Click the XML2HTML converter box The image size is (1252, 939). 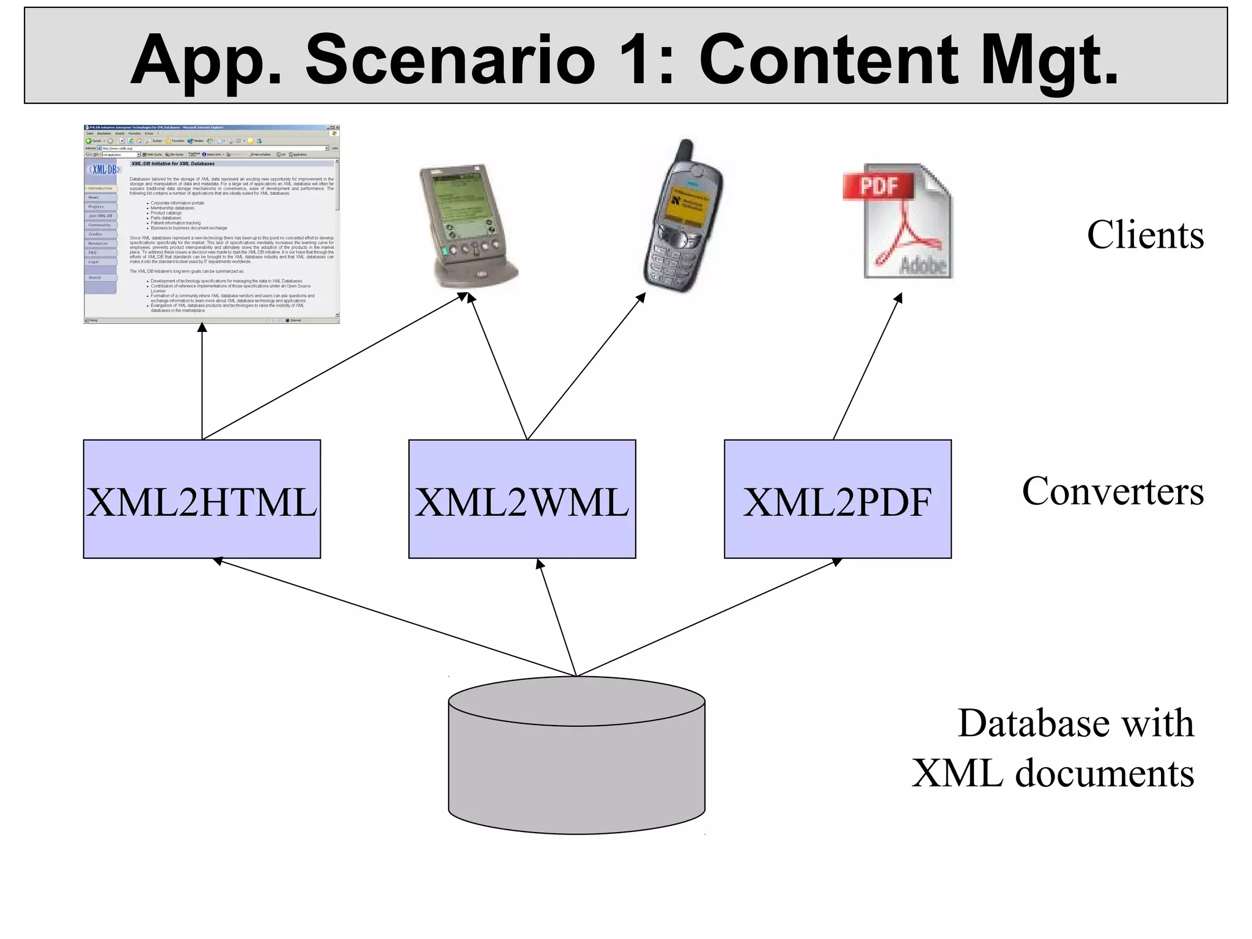(x=202, y=499)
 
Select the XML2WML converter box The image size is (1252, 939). (x=521, y=499)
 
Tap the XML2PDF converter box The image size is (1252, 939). (x=837, y=499)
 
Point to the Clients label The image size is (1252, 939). (x=1144, y=235)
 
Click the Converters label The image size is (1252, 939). (x=1112, y=492)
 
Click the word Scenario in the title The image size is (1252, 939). (x=450, y=60)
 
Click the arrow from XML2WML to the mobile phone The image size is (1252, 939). (x=585, y=367)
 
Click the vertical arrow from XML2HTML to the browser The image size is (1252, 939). (x=202, y=382)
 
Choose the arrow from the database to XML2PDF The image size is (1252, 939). (x=709, y=616)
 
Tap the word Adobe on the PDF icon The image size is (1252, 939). (x=922, y=265)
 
